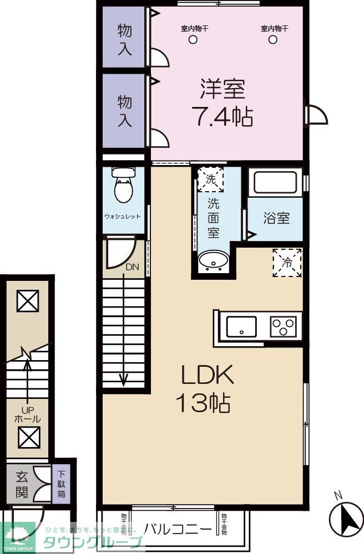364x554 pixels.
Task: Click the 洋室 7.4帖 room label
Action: [x=222, y=102]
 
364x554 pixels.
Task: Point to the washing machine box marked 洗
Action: [x=211, y=179]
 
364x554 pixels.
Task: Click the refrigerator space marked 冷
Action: [x=287, y=262]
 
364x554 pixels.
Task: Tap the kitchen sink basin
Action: [x=241, y=326]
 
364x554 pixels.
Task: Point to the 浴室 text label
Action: [x=276, y=218]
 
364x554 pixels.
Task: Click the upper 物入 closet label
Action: [x=125, y=39]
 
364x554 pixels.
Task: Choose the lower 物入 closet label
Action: [x=125, y=111]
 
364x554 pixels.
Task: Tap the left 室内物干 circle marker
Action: [x=193, y=39]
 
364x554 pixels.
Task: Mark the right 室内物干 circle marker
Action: [x=272, y=39]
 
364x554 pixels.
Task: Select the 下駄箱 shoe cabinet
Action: [x=61, y=482]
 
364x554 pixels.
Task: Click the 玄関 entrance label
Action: [x=22, y=483]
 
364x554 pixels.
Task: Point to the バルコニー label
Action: [x=178, y=528]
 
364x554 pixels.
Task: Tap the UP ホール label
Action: [x=27, y=415]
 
